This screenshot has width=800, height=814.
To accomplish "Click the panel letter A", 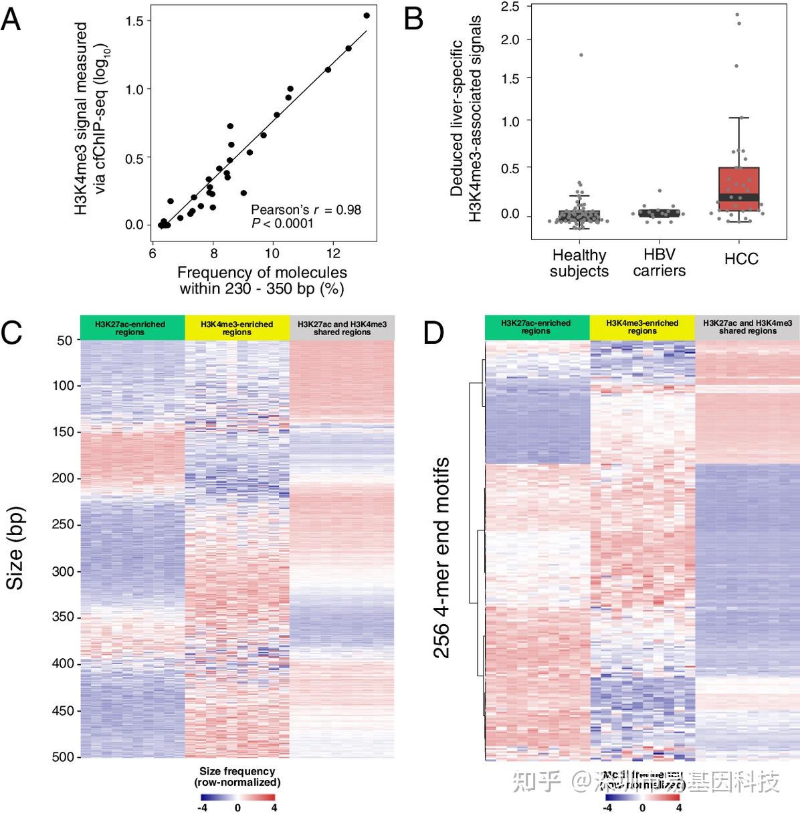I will point(11,19).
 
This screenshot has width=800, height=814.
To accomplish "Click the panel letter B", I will point(414,19).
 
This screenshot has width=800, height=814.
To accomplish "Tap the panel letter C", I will point(13,332).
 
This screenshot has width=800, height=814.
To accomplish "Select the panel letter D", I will point(433,332).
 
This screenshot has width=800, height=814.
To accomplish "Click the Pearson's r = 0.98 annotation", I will point(306,210).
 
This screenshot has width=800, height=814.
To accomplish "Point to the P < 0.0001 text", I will point(282,223).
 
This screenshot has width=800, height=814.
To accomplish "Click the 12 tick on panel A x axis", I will point(332,253).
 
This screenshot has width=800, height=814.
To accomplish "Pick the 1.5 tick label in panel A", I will point(134,21).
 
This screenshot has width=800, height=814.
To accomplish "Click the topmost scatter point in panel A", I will point(366,15).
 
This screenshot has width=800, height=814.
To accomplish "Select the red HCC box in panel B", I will point(738,189).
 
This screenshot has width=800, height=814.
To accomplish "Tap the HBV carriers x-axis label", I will point(659,263).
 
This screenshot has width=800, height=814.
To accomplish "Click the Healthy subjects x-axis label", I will point(579,264).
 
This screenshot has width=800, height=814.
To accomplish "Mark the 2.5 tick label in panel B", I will point(510,7).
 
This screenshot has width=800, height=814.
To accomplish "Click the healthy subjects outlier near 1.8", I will point(581,55).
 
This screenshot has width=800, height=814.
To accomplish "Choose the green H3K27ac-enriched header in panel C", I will point(132,328).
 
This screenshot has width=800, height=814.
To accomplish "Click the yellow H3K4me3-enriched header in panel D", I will point(642,327).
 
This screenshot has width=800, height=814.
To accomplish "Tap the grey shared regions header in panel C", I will point(342,328).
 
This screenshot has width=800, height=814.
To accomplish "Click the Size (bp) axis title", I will point(15,548).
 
